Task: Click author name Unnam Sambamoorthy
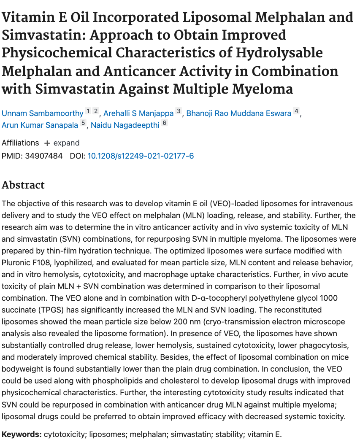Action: click(x=43, y=113)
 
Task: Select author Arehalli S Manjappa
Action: click(x=138, y=113)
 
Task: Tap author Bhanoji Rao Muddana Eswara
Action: click(x=239, y=113)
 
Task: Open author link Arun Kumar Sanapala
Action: click(x=41, y=126)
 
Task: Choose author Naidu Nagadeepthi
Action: click(x=125, y=126)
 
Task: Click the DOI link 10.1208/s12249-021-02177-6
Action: click(x=141, y=156)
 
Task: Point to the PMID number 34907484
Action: click(x=44, y=156)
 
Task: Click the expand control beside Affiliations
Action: click(x=62, y=143)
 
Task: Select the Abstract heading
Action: click(x=23, y=185)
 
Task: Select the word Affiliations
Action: click(x=20, y=143)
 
